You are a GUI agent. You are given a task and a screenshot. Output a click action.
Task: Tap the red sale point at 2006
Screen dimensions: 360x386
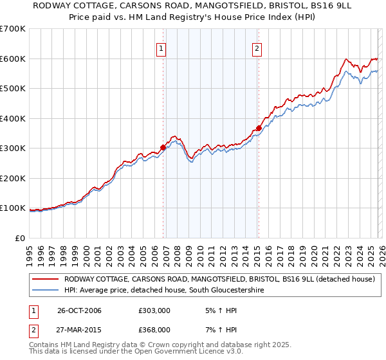click(163, 147)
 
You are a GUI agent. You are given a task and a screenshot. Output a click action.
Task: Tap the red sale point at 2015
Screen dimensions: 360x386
click(259, 128)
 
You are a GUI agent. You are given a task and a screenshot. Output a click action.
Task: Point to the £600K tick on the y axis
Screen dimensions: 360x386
click(13, 59)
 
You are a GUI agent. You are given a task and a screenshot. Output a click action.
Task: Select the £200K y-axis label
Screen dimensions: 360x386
click(13, 178)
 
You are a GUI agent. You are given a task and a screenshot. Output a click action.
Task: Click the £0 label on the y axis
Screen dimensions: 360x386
click(21, 238)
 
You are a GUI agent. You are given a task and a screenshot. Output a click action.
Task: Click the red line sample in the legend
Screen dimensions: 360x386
click(46, 280)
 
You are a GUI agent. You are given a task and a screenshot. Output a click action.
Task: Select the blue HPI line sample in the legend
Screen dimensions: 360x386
click(46, 291)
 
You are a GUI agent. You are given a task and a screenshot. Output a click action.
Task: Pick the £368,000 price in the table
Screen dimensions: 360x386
click(155, 329)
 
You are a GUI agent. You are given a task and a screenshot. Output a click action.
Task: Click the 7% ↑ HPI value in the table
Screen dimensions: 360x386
click(219, 329)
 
